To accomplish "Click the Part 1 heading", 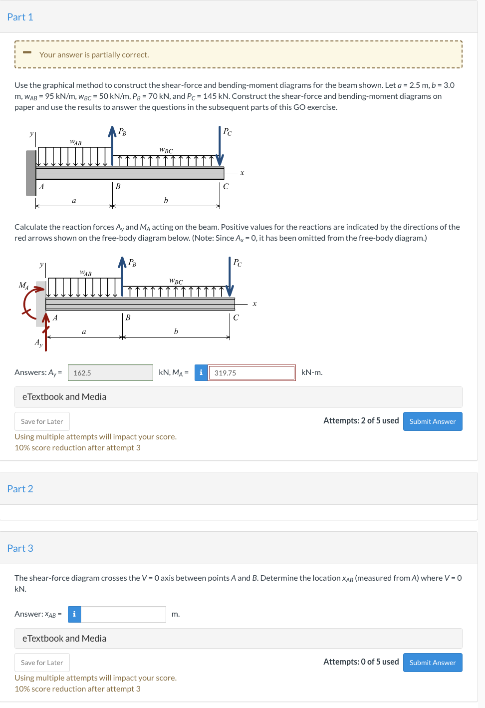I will click(x=20, y=17).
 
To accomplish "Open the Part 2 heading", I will click(x=20, y=489).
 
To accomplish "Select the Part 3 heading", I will click(x=20, y=548).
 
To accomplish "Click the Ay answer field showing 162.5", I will click(x=110, y=373).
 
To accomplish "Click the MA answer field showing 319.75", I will click(x=251, y=373).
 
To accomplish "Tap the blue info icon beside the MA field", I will click(x=201, y=372).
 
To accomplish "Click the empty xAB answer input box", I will click(x=123, y=614).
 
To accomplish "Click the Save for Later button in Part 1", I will click(x=42, y=421).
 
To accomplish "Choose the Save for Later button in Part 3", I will click(x=42, y=663).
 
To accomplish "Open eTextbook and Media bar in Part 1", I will click(x=238, y=397).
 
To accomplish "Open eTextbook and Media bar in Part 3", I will click(x=238, y=639).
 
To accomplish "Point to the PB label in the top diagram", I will click(x=122, y=132).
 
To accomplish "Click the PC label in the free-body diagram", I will click(x=238, y=263).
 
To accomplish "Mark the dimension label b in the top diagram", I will click(x=166, y=201).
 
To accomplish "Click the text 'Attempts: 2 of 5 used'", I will click(x=361, y=421).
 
